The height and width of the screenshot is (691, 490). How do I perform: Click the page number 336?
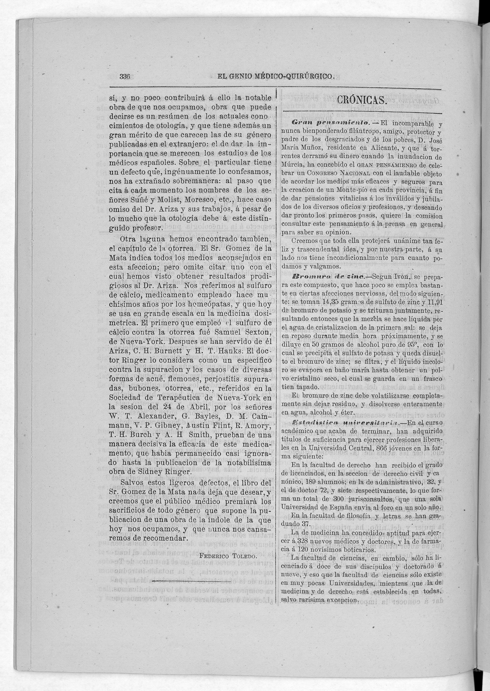coord(125,77)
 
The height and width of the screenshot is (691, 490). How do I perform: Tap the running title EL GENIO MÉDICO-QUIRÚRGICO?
coord(276,77)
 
